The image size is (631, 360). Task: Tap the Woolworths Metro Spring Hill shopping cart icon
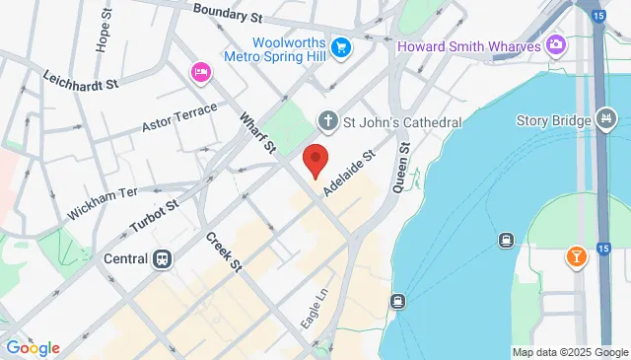coord(341,46)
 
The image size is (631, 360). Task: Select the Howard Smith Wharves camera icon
coord(556,45)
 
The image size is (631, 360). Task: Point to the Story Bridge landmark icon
coord(604,121)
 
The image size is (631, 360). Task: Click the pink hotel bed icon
coord(201,72)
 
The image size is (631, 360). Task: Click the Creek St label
coord(224,252)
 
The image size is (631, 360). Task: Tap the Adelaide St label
coord(348,173)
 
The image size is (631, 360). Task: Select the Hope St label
coord(103,33)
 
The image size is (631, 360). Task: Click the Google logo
coord(33,347)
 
